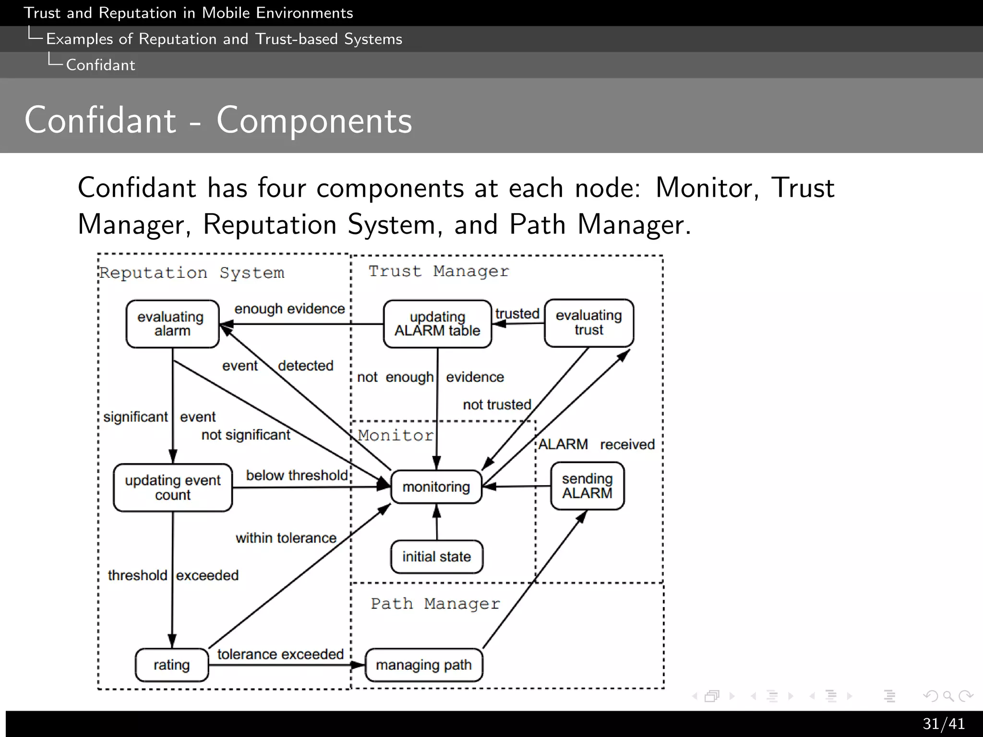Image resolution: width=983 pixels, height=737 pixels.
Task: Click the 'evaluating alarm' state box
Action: pos(172,324)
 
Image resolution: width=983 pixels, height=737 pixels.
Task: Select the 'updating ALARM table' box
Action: pos(437,324)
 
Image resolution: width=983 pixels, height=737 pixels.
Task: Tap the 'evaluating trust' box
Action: pos(589,323)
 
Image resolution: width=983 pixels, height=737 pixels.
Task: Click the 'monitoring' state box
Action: pos(436,487)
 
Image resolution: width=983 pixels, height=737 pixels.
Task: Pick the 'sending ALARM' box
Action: pos(587,486)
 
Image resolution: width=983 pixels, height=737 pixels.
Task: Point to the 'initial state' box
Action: pos(436,557)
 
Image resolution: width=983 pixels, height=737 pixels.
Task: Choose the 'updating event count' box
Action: pos(173,487)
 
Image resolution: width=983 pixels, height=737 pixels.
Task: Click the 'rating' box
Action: pos(172,665)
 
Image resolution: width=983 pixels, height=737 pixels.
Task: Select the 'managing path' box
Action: pos(424,665)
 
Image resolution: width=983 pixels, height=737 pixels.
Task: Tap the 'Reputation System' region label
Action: pos(192,273)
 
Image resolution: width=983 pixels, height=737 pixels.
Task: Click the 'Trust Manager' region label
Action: pos(438,272)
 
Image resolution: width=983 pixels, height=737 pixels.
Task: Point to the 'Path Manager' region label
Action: pos(435,604)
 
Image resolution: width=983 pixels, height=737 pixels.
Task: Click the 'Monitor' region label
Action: pos(396,435)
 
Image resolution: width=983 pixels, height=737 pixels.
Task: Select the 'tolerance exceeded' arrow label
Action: pos(280,654)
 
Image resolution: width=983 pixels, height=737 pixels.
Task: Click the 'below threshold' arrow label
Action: pos(297,475)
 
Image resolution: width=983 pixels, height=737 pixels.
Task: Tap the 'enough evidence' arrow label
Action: pos(289,309)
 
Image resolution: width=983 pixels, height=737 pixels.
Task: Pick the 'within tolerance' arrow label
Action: pos(286,538)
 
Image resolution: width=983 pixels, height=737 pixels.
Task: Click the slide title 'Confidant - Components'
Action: pos(218,120)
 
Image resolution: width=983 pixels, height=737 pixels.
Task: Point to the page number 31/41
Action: pos(943,724)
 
